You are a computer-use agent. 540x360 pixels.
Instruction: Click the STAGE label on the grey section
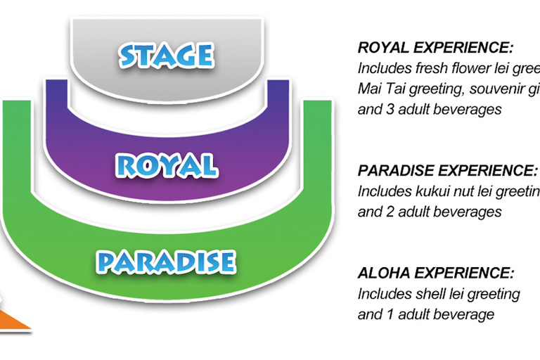tap(166, 55)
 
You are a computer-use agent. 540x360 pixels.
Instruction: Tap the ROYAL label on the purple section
tap(166, 165)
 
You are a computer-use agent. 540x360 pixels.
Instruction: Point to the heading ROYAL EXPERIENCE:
tap(436, 49)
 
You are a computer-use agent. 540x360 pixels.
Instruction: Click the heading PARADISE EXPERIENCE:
tap(448, 171)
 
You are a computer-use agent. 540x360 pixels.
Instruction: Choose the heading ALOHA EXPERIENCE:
tap(436, 274)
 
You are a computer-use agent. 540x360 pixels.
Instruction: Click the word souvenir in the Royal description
tap(489, 89)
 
